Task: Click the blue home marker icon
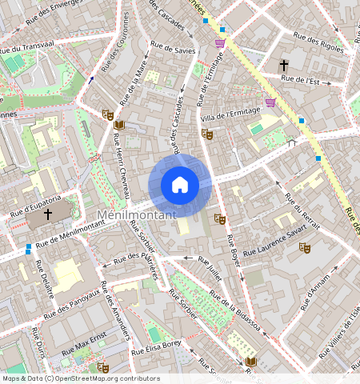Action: coord(180,185)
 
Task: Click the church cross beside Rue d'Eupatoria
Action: coord(48,214)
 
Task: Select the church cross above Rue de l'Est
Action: coord(283,63)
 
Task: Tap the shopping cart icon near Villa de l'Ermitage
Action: coord(270,102)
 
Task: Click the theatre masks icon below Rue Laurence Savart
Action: coord(304,248)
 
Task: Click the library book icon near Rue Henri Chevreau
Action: coord(119,126)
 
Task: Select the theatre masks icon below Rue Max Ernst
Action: coord(102,367)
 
